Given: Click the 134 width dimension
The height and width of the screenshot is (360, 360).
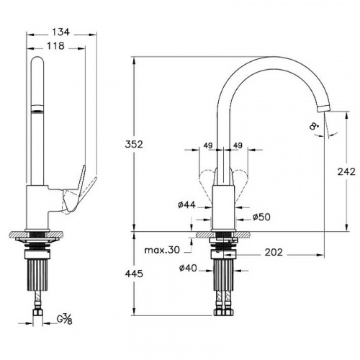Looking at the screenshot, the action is [61, 32].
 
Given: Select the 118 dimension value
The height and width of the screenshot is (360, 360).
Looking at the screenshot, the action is [55, 46].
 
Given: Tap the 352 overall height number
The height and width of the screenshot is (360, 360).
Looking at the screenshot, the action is [134, 144].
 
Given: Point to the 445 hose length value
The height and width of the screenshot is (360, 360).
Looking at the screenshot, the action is [134, 274].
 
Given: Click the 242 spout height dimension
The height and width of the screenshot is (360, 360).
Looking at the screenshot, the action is [346, 171].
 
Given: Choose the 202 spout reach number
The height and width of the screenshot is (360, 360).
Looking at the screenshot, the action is [274, 252].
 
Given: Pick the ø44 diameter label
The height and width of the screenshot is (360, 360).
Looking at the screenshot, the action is [186, 204].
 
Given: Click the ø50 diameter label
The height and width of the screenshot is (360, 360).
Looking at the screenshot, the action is [261, 217].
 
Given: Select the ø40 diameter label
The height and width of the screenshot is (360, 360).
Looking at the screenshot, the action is [188, 268].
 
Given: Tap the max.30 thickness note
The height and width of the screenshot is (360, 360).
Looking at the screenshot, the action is [162, 250].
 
